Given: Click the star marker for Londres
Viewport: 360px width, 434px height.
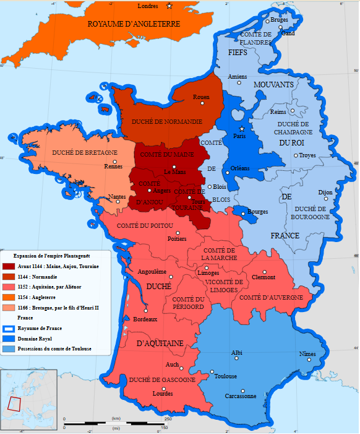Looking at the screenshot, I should (169, 6).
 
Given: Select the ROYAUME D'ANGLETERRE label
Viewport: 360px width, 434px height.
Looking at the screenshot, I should (134, 24).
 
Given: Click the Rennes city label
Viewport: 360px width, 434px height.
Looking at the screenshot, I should (113, 166).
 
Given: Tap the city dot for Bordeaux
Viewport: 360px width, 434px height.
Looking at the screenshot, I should (145, 311).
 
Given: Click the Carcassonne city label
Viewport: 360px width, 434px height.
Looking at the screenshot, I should (241, 396).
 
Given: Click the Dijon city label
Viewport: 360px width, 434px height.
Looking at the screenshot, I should (325, 193).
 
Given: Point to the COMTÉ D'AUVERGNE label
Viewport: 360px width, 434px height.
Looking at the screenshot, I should (271, 297).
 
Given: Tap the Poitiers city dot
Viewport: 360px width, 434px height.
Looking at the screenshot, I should (177, 231).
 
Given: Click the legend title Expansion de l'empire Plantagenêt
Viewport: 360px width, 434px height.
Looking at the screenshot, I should (52, 255).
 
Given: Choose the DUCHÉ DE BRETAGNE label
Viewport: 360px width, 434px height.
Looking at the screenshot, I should (85, 152).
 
